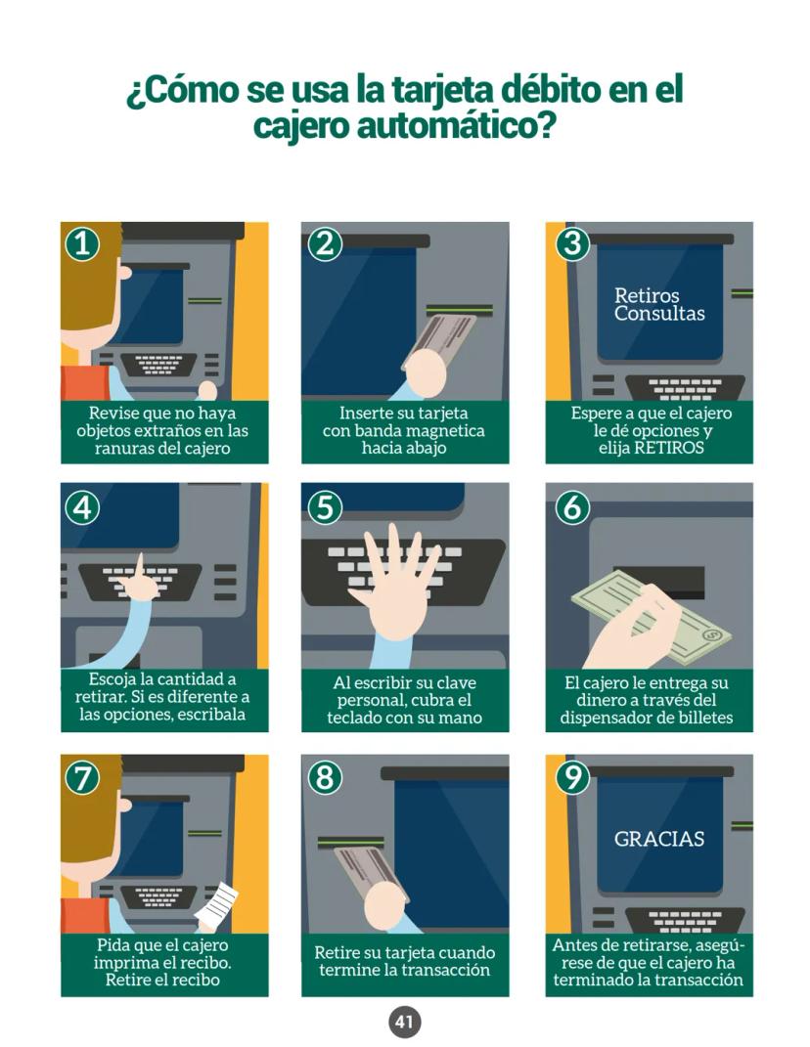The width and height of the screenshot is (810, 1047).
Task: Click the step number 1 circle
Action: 82,243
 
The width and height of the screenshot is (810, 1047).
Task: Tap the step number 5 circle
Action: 325,508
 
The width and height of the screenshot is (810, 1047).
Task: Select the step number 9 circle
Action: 572,777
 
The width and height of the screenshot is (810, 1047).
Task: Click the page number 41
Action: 404,1022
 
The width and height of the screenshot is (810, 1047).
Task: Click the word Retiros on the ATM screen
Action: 647,295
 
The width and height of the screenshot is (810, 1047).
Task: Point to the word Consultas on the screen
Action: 659,313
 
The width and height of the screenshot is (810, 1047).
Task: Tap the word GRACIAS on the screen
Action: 659,839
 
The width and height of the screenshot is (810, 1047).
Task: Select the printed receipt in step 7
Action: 216,905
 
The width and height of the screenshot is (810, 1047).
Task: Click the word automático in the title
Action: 456,125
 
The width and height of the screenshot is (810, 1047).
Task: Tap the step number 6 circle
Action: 572,508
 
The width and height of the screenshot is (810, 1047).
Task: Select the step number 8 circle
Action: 325,777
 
